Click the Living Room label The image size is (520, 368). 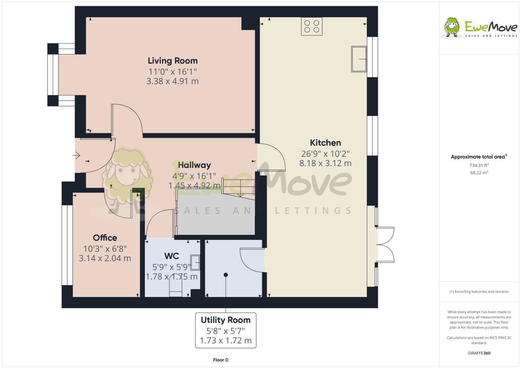point(173,61)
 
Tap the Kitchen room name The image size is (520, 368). point(326,143)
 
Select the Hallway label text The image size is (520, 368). point(194,165)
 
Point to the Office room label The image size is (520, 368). point(105,238)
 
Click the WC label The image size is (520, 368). point(171,256)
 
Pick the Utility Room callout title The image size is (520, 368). point(226,320)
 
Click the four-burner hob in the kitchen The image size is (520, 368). point(311,26)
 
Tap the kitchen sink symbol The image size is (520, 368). point(359,59)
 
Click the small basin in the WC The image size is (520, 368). point(195,262)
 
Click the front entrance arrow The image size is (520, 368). point(76,155)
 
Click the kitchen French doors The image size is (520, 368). point(385,245)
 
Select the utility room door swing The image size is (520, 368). point(252,260)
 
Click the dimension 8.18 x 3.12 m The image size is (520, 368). point(326,163)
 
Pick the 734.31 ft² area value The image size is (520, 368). point(479,165)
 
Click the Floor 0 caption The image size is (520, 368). point(220,360)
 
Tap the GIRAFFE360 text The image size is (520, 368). point(479,353)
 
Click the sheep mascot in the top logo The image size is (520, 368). point(452,27)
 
